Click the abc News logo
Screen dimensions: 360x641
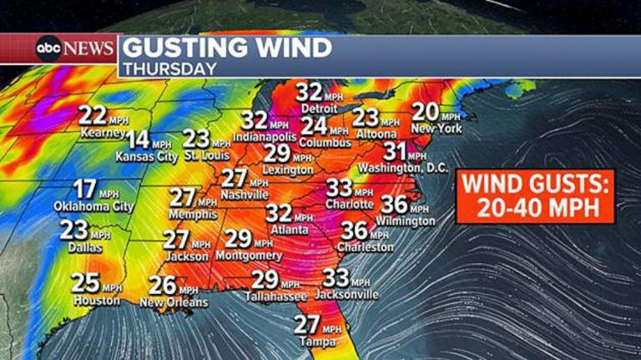(74, 48)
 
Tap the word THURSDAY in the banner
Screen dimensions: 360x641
(170, 68)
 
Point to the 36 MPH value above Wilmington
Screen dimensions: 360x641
(399, 205)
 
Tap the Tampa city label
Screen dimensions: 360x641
(318, 342)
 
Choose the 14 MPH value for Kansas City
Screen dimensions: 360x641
(139, 139)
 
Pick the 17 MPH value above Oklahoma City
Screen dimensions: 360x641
(85, 190)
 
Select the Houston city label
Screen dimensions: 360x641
(97, 300)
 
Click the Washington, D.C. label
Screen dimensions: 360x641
(403, 168)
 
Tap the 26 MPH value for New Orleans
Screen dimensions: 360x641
(164, 286)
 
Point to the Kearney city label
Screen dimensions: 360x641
(103, 132)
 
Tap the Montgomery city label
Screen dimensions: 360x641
(249, 256)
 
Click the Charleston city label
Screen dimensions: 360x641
(366, 246)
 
